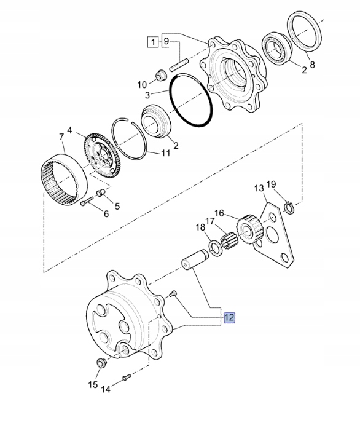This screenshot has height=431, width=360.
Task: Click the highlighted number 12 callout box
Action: [229, 318]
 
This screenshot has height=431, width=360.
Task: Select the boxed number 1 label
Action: [151, 42]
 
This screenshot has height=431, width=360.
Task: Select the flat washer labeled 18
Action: [216, 247]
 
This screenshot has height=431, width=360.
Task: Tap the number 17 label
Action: [210, 222]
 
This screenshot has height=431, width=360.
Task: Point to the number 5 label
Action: [117, 206]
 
